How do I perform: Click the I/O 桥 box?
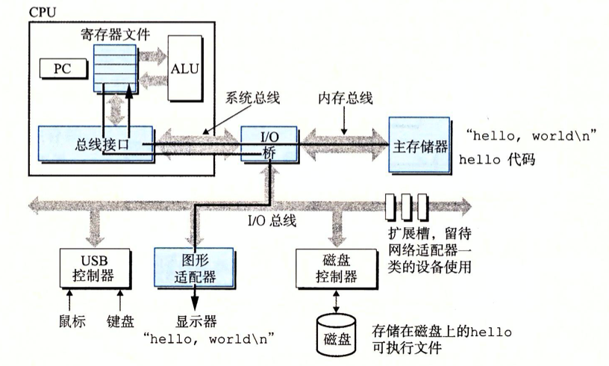pos(269,144)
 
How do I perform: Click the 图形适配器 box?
pos(184,268)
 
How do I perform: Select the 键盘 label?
pos(119,322)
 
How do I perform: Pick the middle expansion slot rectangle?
pos(407,204)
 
